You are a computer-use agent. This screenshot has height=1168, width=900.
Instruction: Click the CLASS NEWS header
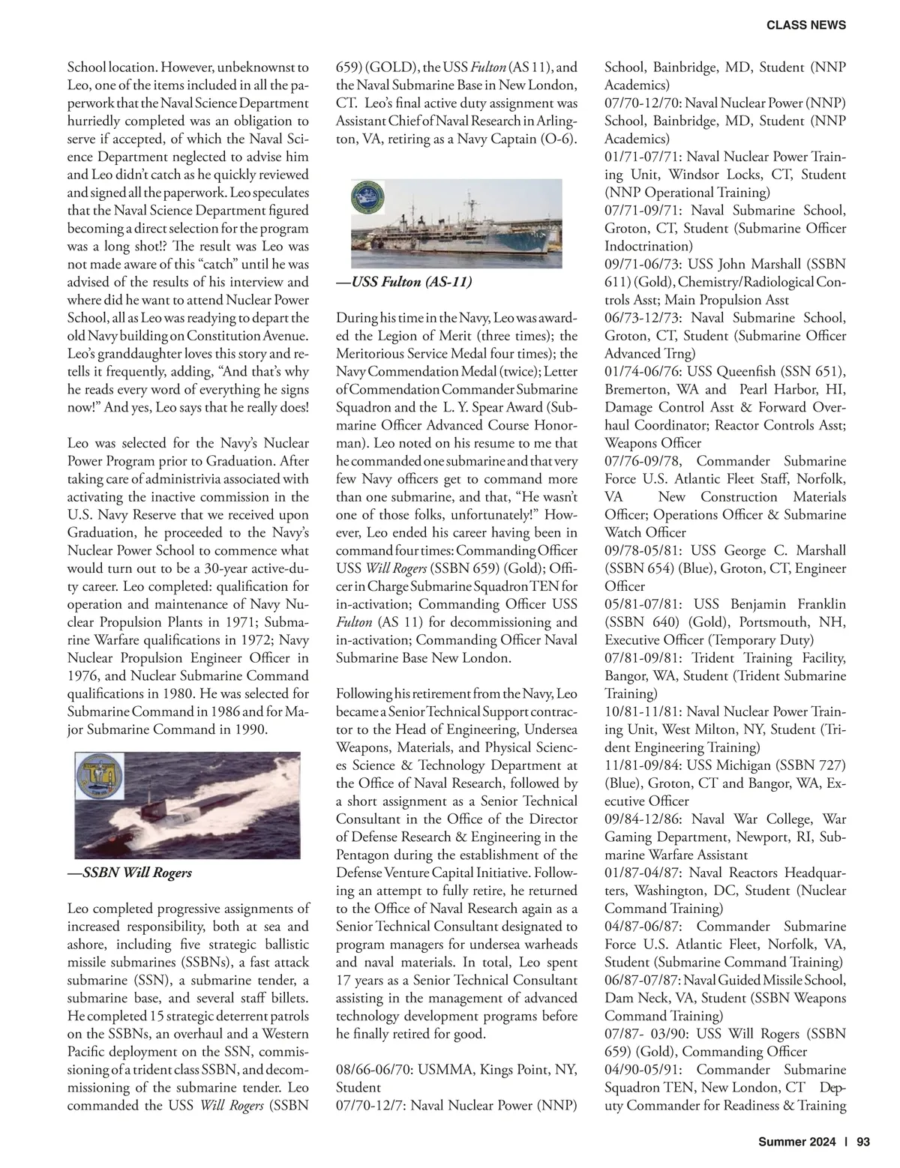tap(805, 25)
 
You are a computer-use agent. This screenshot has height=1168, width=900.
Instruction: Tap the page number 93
tap(862, 1142)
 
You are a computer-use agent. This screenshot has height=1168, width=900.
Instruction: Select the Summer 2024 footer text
tap(796, 1142)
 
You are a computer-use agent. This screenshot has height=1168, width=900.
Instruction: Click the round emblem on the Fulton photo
tap(369, 198)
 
